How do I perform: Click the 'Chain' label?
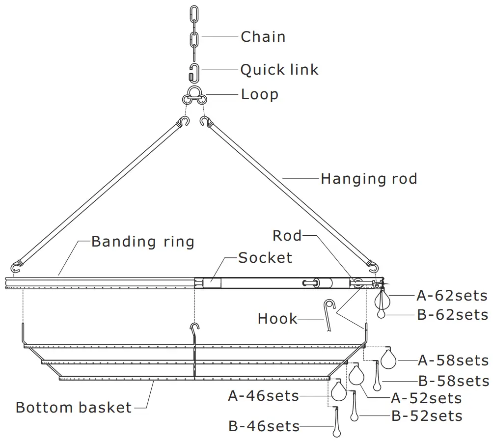[x=263, y=37]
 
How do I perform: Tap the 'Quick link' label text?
[x=279, y=70]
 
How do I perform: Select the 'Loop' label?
[x=259, y=94]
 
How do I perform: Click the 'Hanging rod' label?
[x=369, y=179]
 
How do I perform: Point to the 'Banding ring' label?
[x=143, y=242]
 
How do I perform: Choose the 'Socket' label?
[x=265, y=258]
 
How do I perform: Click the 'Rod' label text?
[x=287, y=236]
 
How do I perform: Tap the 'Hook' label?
[x=277, y=319]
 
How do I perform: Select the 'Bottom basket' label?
[x=74, y=408]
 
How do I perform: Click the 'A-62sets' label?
[x=452, y=296]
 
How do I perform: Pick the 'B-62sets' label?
[x=452, y=315]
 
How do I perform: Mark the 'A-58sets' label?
[x=453, y=360]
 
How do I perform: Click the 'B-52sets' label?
[x=427, y=416]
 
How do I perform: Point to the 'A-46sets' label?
[x=264, y=396]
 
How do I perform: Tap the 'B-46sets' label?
[x=264, y=426]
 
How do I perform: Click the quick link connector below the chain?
[x=194, y=71]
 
